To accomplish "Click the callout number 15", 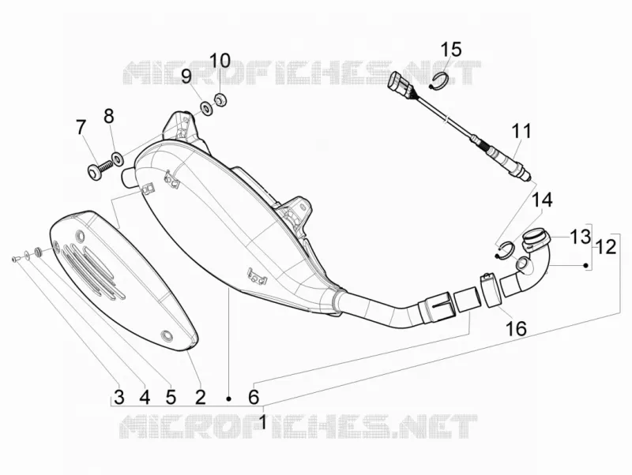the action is tap(450, 49).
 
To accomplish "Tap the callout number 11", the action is tap(521, 132).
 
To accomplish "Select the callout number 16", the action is tap(516, 328).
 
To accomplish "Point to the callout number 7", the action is tap(81, 128).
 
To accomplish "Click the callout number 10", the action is tap(220, 61).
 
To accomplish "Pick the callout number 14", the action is tap(542, 200).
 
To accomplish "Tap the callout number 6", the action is tap(253, 397).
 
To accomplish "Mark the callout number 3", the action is tap(119, 397).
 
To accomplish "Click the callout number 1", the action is tap(263, 422).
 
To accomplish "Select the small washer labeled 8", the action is tap(117, 158).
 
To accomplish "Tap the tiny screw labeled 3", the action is tap(15, 259).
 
